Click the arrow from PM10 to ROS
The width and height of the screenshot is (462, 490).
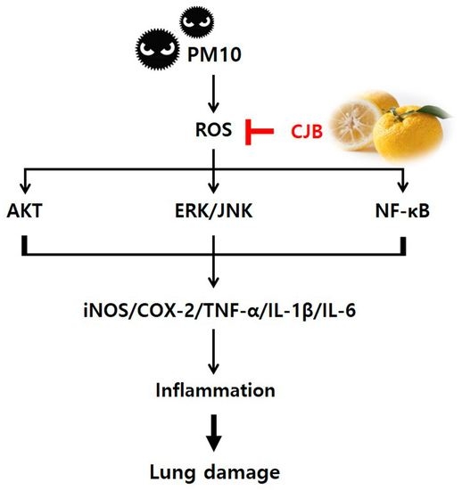click(x=213, y=94)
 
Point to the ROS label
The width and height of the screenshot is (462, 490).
click(x=213, y=131)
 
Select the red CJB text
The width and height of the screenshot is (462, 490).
click(x=306, y=132)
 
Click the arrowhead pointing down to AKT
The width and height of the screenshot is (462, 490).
click(x=22, y=189)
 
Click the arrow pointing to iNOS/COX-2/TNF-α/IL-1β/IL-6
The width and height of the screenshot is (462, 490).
click(x=213, y=281)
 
